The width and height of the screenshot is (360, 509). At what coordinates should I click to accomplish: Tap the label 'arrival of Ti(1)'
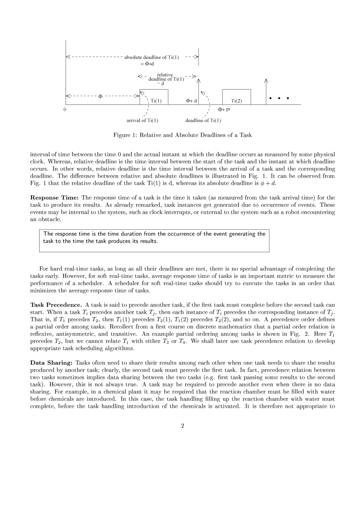coord(142,120)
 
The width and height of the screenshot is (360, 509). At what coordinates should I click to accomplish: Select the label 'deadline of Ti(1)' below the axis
coord(203,120)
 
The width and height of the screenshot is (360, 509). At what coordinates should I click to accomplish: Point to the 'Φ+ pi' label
coord(224,109)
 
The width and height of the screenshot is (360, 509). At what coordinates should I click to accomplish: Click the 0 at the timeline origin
coord(64,109)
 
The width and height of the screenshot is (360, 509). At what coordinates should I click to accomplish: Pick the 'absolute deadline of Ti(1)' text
coord(151,57)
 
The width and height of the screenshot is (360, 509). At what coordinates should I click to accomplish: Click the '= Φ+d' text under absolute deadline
coord(147,64)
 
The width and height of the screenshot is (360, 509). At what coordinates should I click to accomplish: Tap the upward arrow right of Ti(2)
coord(266,91)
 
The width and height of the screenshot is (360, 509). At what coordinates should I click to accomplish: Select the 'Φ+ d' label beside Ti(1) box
coord(191,101)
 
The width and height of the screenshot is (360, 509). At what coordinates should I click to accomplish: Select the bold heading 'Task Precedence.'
coord(56,305)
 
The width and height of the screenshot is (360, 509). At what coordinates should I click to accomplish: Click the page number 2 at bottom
coord(183,426)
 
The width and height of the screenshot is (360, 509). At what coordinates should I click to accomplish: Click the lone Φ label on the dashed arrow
coord(101,96)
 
